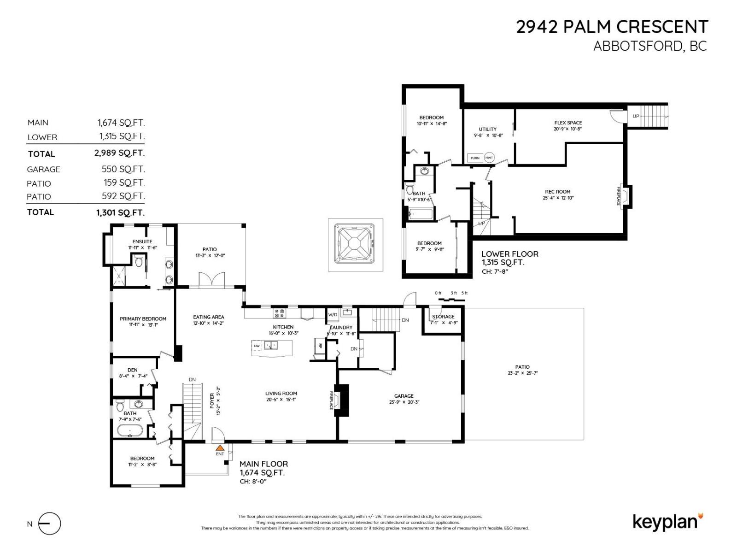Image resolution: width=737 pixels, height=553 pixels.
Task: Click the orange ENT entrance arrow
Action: [220, 447]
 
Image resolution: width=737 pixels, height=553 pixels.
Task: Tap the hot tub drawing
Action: [355, 244]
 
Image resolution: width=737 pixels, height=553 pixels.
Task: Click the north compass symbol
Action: [49, 524]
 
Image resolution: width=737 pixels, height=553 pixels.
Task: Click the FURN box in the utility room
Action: [475, 158]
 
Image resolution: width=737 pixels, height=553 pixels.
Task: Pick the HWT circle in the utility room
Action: [489, 158]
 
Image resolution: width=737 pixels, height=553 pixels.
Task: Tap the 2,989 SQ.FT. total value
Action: [119, 153]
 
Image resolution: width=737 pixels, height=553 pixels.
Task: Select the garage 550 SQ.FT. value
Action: [123, 169]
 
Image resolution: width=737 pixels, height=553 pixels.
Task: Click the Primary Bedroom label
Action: [143, 318]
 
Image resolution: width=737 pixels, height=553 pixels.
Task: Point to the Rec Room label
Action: [557, 192]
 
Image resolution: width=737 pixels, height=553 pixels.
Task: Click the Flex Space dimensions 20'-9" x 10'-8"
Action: [568, 129]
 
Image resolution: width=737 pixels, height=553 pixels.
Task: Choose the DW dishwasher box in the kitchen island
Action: [257, 345]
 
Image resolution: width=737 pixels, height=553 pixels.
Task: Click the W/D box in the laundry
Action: [333, 315]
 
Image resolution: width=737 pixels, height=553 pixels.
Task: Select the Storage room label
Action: [443, 317]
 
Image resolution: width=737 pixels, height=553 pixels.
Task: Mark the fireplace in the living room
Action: [341, 400]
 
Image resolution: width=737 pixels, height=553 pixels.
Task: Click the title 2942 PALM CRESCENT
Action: [612, 27]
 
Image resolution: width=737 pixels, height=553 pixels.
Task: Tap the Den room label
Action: [132, 370]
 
